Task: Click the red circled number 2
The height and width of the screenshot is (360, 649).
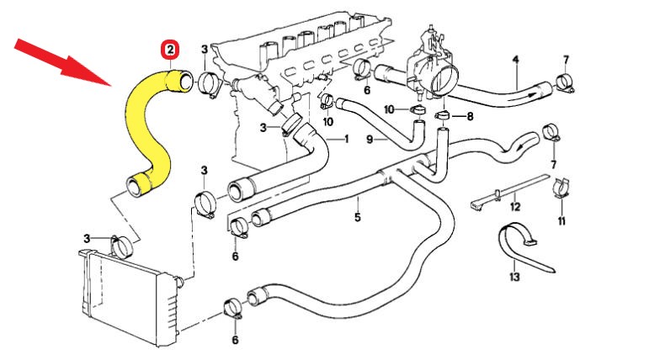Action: (171, 50)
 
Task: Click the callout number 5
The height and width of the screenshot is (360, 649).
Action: (357, 218)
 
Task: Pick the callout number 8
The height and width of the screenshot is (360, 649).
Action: (470, 116)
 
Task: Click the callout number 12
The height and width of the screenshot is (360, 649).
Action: (515, 206)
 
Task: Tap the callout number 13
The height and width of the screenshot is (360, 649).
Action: (514, 275)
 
